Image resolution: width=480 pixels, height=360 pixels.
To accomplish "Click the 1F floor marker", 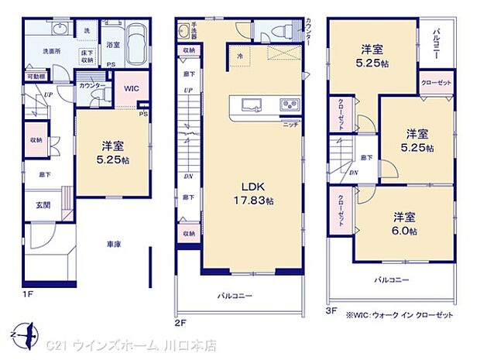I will [x=28, y=294].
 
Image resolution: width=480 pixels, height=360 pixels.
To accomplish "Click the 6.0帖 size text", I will [x=404, y=231].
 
